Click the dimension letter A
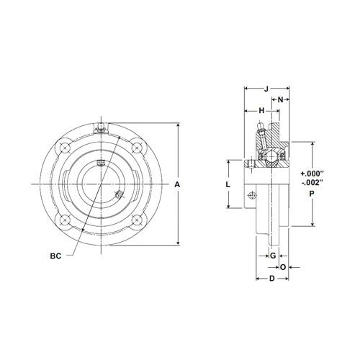178,185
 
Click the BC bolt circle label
55,255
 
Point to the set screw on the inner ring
118,195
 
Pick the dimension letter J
266,89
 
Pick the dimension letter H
261,110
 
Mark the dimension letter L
228,185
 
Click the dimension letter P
312,194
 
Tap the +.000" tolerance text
312,174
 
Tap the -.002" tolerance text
312,184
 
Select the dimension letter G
273,256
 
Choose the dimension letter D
271,278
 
